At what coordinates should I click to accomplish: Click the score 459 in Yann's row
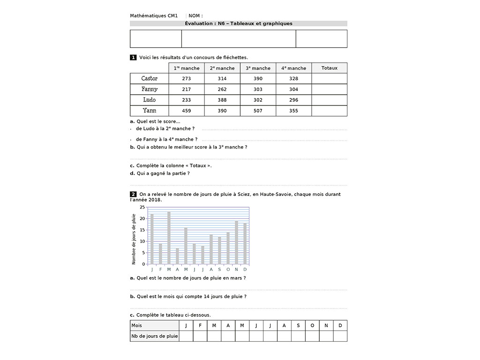(186, 111)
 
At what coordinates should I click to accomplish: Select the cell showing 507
(258, 111)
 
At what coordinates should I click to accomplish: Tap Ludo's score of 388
(222, 100)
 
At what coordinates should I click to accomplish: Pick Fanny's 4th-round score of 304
(293, 89)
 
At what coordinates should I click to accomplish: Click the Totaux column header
(329, 68)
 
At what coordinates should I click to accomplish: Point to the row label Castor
(149, 78)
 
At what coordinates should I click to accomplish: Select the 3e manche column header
(258, 68)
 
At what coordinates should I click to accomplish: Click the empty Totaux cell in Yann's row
(329, 111)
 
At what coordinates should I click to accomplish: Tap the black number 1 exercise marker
(133, 57)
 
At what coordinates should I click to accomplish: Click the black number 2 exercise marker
(133, 194)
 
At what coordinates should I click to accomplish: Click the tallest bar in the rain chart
(169, 238)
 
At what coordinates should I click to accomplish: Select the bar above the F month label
(160, 254)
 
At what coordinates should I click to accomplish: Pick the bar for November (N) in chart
(236, 242)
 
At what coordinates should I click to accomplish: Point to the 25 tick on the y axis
(142, 207)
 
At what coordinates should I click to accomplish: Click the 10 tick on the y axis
(142, 241)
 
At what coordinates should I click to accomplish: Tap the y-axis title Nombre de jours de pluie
(134, 239)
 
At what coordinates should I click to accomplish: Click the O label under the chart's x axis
(228, 270)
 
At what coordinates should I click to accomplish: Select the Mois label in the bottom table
(137, 325)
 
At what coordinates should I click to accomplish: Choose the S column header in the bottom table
(298, 325)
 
